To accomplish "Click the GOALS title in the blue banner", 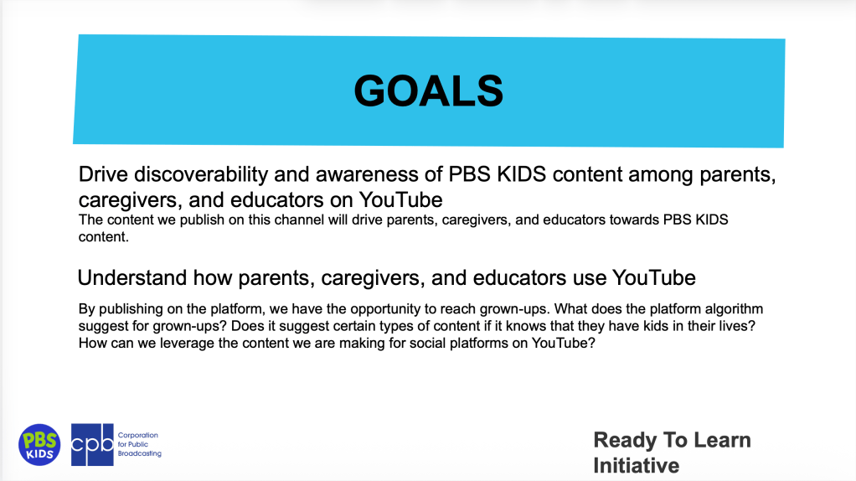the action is tap(429, 91).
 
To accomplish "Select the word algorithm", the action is tap(735, 309).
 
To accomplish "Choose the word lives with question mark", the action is tap(739, 326).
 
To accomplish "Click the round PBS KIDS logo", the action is tap(39, 445).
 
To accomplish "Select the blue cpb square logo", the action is tap(92, 445).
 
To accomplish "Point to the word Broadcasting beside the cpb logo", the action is tap(140, 453).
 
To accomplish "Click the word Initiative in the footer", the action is tap(637, 466).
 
